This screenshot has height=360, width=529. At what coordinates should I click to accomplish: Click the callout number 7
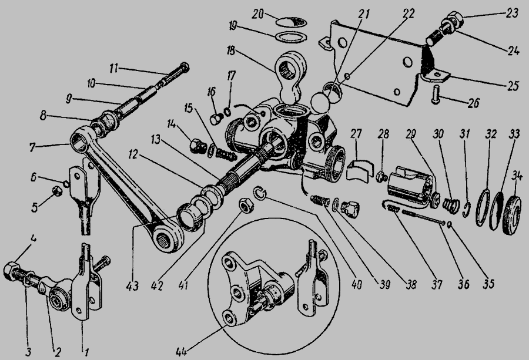click(32, 147)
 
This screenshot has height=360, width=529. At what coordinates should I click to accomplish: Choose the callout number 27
click(356, 134)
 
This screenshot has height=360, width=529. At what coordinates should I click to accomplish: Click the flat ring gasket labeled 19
click(291, 36)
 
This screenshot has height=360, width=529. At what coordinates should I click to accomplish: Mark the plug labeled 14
click(196, 147)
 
